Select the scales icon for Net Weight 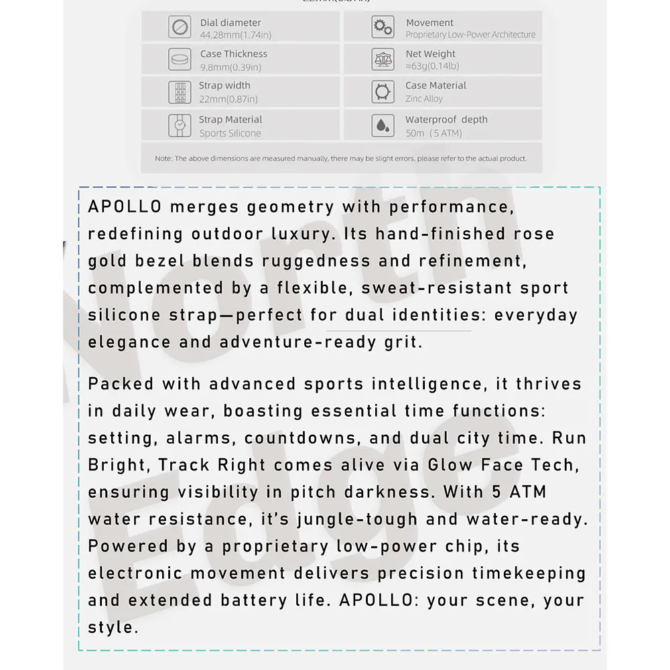[x=383, y=60]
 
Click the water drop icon [x=383, y=125]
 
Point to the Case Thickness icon [x=180, y=60]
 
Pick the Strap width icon [x=180, y=92]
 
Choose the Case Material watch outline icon [x=383, y=92]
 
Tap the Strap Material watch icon [x=180, y=125]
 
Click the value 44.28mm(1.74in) [x=235, y=35]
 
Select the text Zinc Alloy [x=424, y=98]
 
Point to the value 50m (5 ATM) [x=433, y=133]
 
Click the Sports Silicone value [x=230, y=133]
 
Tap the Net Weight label [x=430, y=54]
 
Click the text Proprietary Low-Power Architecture [x=470, y=35]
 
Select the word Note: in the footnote [x=164, y=159]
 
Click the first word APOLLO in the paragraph [x=125, y=207]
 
